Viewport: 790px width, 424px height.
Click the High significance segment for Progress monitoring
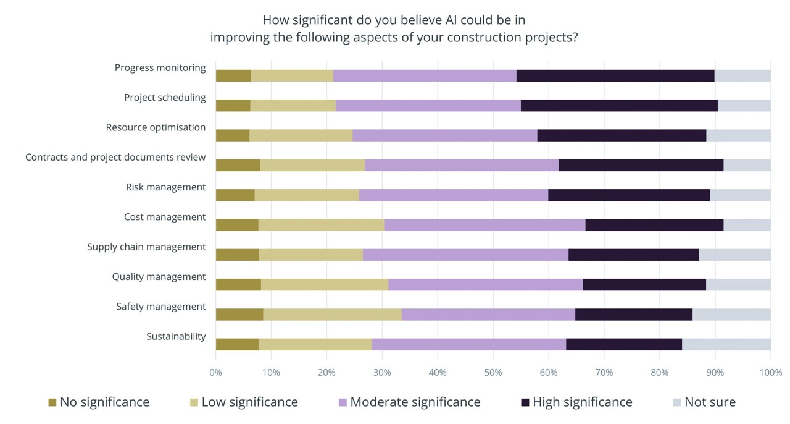click(x=615, y=76)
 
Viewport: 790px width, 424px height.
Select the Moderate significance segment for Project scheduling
click(x=428, y=106)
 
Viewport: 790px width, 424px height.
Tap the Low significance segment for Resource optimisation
click(x=301, y=135)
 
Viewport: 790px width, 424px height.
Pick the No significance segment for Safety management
click(x=239, y=315)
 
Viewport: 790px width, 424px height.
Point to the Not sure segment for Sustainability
click(x=726, y=344)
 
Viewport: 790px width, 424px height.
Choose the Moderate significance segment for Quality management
click(x=486, y=284)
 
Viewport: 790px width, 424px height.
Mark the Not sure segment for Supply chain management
click(x=734, y=255)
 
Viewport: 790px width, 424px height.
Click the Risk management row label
click(x=165, y=187)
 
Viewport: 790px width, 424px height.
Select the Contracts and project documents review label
click(x=115, y=158)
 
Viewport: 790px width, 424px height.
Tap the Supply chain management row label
click(x=146, y=247)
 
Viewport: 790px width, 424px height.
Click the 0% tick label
click(x=215, y=373)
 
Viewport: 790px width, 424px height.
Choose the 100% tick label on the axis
click(x=770, y=373)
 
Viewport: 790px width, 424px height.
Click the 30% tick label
click(x=382, y=373)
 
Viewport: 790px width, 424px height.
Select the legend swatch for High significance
click(x=525, y=402)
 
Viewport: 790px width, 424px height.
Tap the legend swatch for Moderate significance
click(x=343, y=402)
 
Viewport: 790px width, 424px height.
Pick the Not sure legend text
click(x=710, y=402)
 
